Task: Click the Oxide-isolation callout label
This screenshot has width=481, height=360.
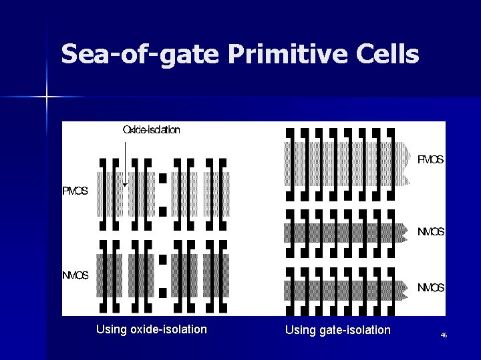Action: click(x=151, y=130)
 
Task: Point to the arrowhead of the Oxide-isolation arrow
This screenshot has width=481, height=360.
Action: click(x=125, y=185)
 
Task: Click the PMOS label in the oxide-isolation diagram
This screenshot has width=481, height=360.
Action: click(x=75, y=192)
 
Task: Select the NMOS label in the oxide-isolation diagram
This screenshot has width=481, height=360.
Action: click(x=75, y=276)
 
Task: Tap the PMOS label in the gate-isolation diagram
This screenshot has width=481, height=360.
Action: click(x=430, y=160)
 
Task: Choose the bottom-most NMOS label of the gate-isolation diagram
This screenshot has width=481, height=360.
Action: click(x=431, y=288)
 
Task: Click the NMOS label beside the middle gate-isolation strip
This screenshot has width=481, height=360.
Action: click(x=431, y=232)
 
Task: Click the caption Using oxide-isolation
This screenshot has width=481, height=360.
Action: click(x=152, y=329)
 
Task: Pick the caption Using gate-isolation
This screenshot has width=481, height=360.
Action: click(x=337, y=330)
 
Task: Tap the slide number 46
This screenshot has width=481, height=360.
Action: click(x=444, y=335)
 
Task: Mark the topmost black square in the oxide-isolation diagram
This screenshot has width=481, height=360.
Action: click(x=162, y=178)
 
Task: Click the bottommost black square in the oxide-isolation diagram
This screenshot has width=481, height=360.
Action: click(x=162, y=291)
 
